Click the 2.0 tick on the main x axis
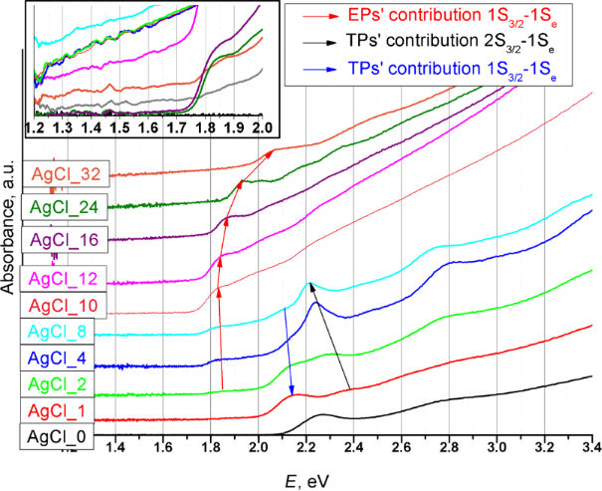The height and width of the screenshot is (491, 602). point(259,446)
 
